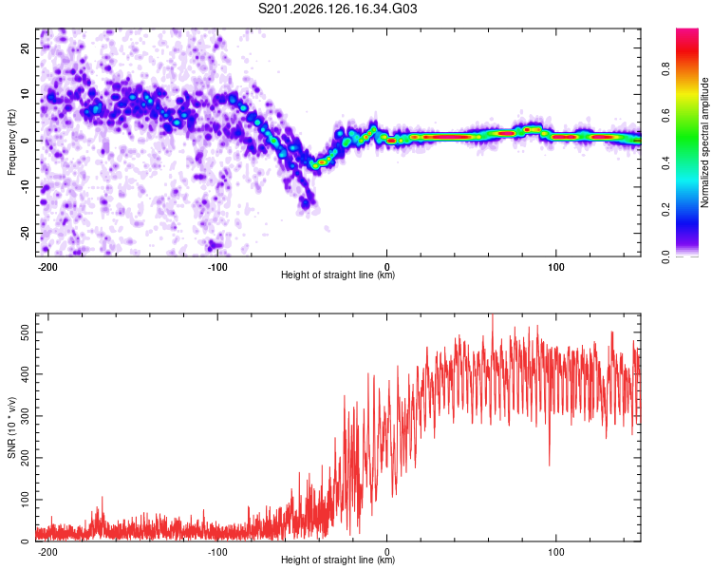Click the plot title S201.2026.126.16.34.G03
click(x=337, y=9)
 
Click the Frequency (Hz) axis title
click(x=11, y=142)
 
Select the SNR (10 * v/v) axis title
click(x=11, y=427)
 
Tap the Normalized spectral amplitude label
click(x=704, y=142)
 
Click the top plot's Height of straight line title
click(x=338, y=275)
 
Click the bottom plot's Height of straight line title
click(x=338, y=560)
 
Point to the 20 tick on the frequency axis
click(x=25, y=47)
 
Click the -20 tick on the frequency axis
click(x=25, y=233)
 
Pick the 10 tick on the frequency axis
click(x=25, y=94)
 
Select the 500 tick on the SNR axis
click(x=25, y=332)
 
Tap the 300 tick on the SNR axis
click(x=25, y=416)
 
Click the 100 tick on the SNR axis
click(x=25, y=500)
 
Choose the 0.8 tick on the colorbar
click(x=665, y=69)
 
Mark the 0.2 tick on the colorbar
click(x=665, y=210)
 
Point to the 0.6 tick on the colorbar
click(x=665, y=116)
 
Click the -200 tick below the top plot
click(x=47, y=267)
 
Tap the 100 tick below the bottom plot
click(x=555, y=552)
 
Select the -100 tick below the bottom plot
click(x=217, y=552)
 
